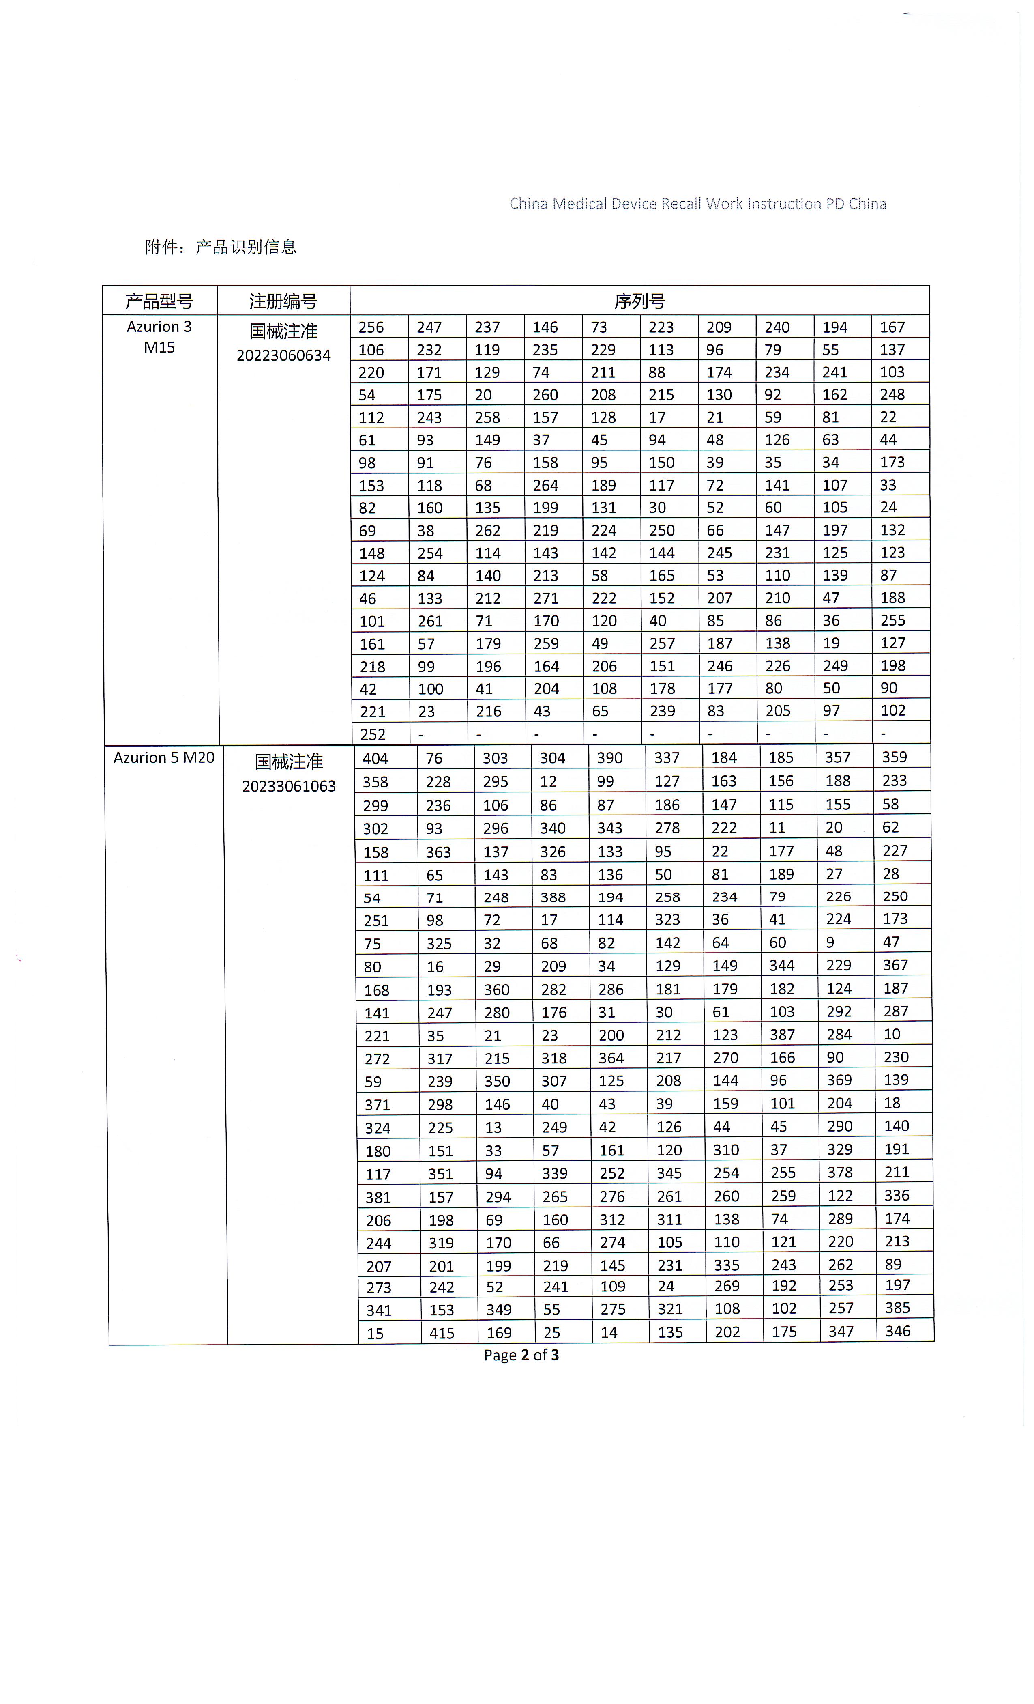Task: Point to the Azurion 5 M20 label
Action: click(164, 758)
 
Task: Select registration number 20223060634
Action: click(283, 355)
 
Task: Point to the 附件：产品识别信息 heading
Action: click(221, 247)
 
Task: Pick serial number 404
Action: click(375, 759)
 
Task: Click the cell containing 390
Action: click(609, 758)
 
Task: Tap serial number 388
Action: click(553, 897)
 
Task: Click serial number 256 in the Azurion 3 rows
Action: click(371, 327)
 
